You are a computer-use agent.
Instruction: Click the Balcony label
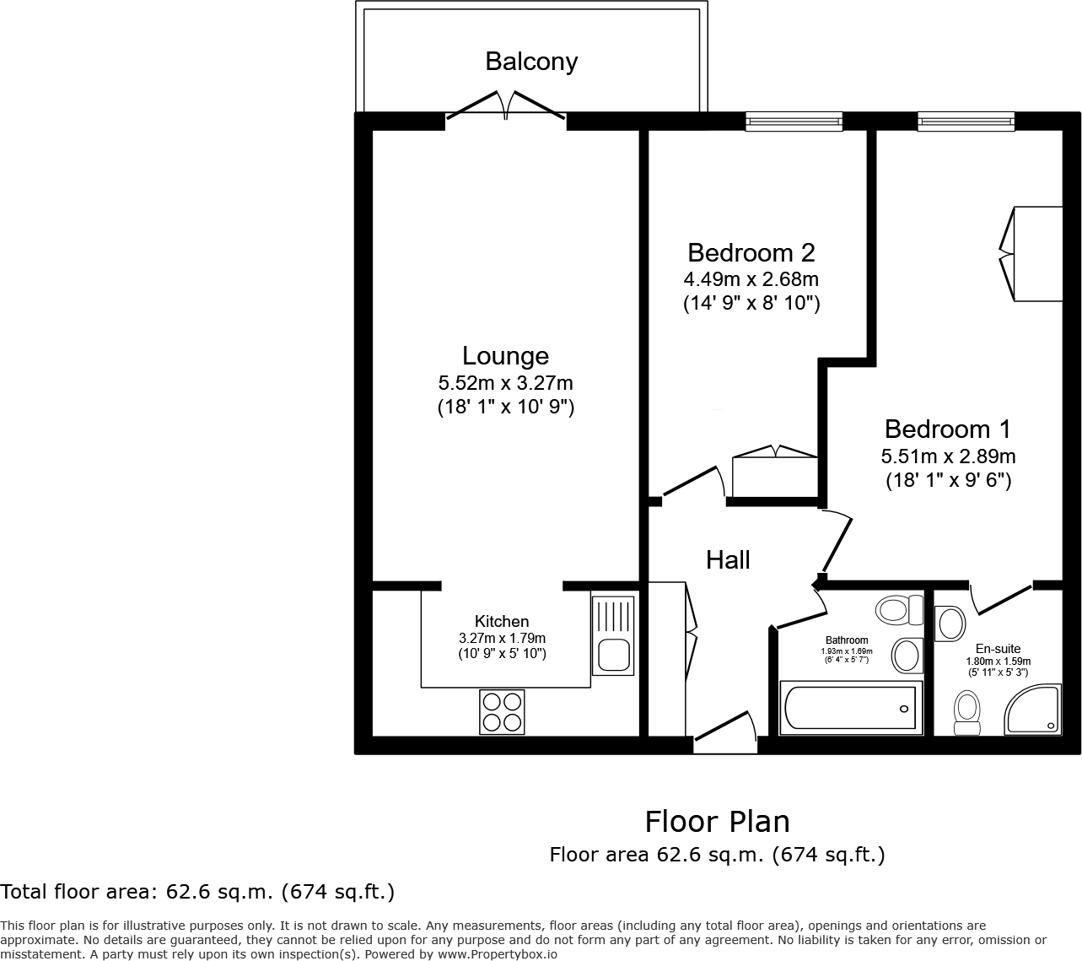(530, 62)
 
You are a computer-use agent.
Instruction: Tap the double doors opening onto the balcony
(506, 105)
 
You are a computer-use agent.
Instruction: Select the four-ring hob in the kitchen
(502, 710)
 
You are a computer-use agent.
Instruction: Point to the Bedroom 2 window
(794, 122)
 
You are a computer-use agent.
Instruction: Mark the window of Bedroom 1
(966, 122)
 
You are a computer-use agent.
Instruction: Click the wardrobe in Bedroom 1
(1033, 253)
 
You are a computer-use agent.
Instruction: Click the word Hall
(728, 560)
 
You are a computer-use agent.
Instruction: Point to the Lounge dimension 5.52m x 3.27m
(505, 382)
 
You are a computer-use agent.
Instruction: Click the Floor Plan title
(717, 821)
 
